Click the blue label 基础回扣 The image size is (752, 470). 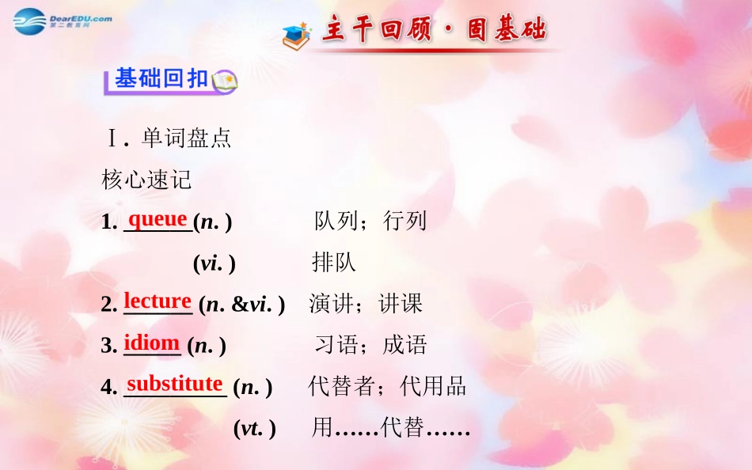161,79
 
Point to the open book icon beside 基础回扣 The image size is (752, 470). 224,81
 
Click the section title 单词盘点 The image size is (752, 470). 186,138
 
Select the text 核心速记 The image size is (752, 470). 147,180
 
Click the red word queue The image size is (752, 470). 158,218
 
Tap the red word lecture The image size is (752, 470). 158,301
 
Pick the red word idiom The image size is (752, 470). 152,343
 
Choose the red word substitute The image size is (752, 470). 175,384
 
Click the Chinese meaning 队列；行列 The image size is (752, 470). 370,221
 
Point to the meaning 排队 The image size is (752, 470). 333,262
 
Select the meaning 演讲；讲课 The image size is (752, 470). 366,303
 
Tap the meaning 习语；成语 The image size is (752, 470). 370,344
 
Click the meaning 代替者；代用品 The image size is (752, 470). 387,386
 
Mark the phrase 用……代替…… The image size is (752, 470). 391,428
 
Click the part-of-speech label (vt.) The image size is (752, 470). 254,428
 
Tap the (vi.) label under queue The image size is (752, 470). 214,263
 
